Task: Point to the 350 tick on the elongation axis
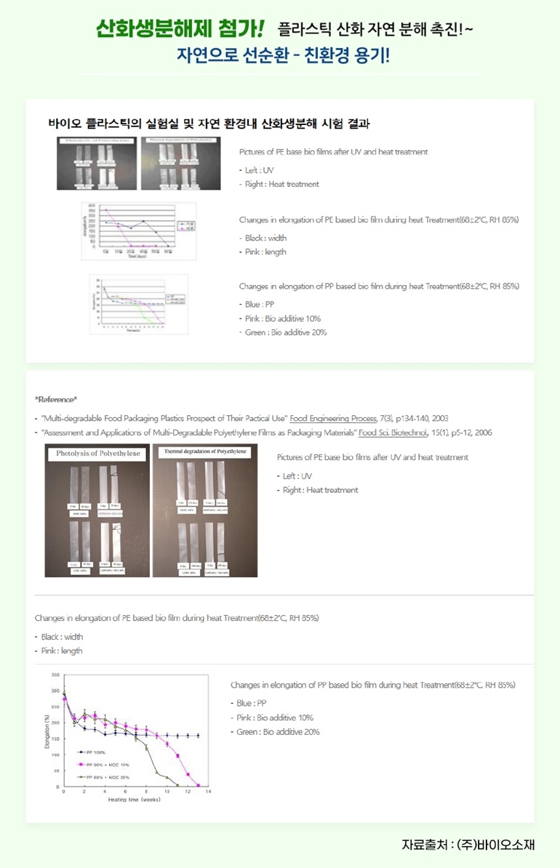56,675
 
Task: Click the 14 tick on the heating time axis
208,791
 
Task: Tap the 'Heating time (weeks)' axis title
135,799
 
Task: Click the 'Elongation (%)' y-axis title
47,731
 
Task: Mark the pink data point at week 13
198,786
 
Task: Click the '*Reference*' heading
56,399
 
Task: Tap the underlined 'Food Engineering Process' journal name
331,418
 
